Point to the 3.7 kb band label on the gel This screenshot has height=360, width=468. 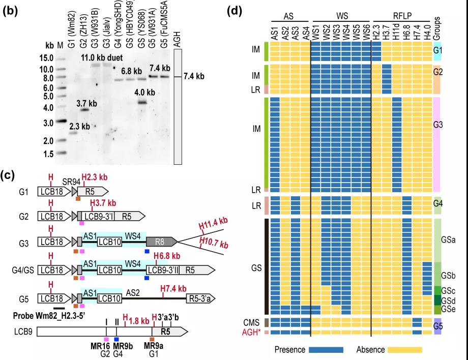86,104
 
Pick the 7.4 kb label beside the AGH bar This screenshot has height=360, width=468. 194,77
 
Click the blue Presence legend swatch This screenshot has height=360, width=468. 326,350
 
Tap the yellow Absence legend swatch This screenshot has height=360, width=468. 404,350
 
